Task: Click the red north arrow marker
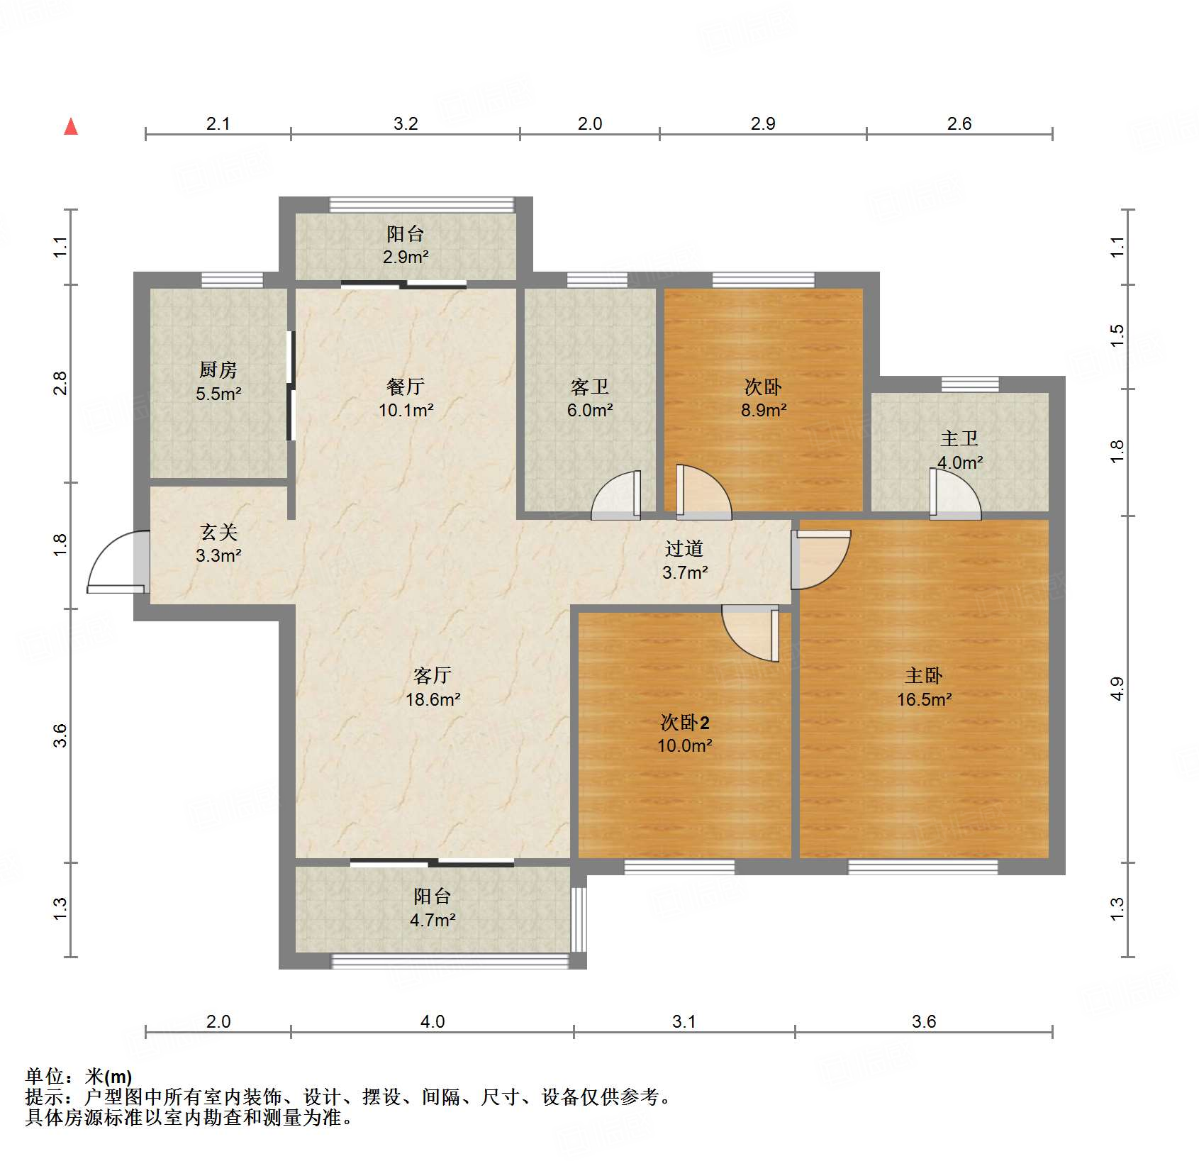71,127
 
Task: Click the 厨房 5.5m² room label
218,382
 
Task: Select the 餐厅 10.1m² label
406,398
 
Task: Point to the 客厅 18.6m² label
433,687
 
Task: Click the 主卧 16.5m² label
924,687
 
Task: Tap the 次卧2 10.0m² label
684,734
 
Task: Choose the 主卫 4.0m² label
959,450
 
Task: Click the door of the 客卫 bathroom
616,496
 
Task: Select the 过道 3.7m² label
684,560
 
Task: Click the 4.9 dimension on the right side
1117,689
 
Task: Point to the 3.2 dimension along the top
406,123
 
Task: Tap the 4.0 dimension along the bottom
433,1021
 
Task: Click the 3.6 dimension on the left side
60,735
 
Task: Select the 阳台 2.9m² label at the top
406,245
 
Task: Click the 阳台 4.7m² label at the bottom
433,908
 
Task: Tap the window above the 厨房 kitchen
232,280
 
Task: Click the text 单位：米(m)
78,1077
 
